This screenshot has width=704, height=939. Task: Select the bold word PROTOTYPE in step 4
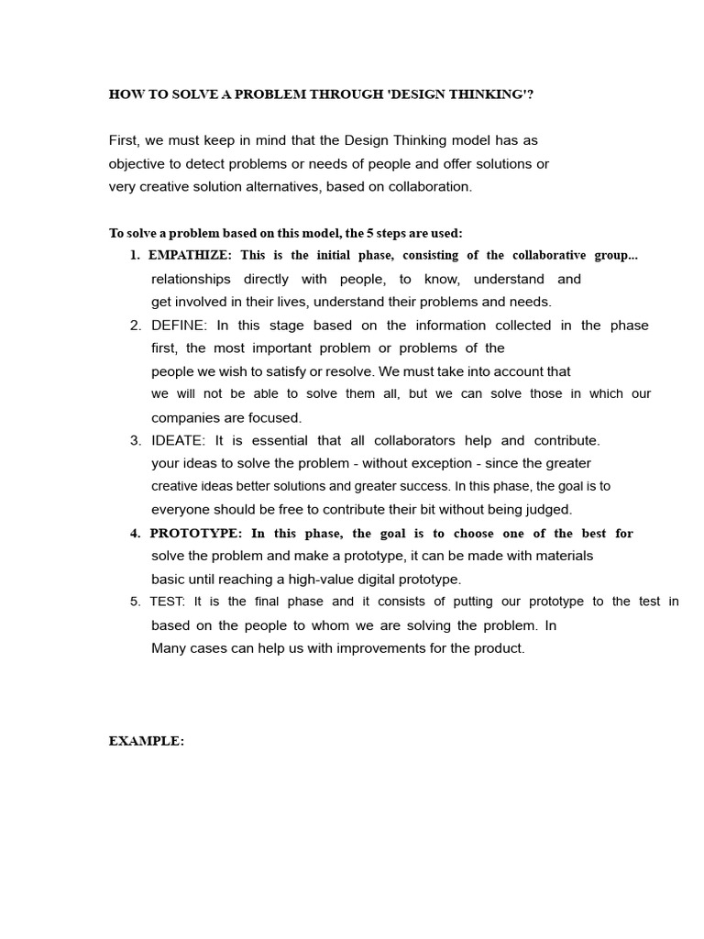pyautogui.click(x=196, y=534)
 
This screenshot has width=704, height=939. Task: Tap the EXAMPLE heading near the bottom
pyautogui.click(x=147, y=742)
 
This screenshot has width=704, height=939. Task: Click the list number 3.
pyautogui.click(x=135, y=441)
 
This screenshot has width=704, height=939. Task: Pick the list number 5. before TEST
pyautogui.click(x=135, y=602)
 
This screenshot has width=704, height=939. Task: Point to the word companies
pyautogui.click(x=184, y=418)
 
